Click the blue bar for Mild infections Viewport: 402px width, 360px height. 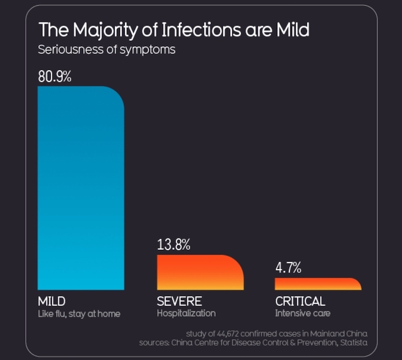pos(81,188)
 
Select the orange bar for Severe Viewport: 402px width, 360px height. pos(200,273)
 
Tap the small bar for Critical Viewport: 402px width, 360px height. pos(318,284)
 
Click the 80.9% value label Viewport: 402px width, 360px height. pos(55,76)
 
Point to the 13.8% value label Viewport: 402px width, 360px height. pos(173,244)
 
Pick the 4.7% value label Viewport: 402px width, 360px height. pos(288,267)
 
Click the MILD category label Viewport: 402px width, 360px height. pos(52,301)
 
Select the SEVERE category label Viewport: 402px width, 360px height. pos(179,301)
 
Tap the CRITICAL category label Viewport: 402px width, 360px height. pos(300,301)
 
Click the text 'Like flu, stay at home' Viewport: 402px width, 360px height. pos(79,314)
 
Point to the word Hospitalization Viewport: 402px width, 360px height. pos(186,313)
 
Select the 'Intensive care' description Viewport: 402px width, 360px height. pos(303,313)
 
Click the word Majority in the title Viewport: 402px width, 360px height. pos(105,31)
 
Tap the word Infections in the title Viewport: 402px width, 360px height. pos(201,30)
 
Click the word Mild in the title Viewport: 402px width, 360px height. pos(293,30)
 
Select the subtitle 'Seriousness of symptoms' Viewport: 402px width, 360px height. pos(107,50)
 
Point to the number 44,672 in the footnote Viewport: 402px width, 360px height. pos(228,334)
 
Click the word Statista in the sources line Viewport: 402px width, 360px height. pos(354,343)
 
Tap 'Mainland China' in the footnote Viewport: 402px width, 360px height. pos(339,334)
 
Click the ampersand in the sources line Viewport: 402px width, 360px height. pos(293,343)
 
